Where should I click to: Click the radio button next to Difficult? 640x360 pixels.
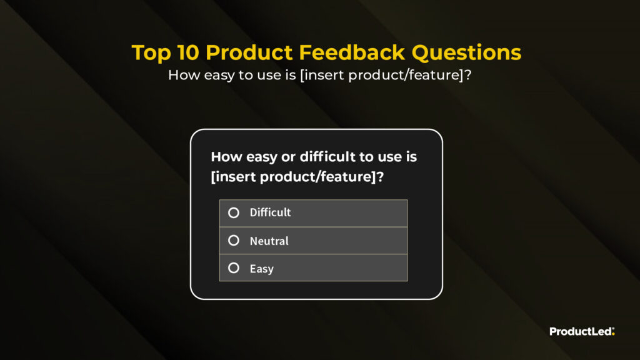(234, 212)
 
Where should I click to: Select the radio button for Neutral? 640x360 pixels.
(234, 241)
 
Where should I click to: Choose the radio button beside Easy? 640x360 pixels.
(234, 267)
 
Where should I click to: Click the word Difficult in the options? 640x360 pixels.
(270, 212)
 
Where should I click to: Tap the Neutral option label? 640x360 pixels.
(269, 241)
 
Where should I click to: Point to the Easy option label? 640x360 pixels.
(262, 269)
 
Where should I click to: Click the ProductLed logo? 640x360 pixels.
(582, 331)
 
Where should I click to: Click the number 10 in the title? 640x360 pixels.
(188, 52)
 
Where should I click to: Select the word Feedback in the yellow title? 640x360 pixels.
(352, 52)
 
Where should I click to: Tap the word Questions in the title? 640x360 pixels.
(466, 52)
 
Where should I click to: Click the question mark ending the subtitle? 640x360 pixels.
(467, 75)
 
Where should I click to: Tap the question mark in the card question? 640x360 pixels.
(380, 177)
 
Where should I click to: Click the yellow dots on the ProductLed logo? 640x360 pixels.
(613, 331)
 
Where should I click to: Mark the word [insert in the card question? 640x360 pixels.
(234, 177)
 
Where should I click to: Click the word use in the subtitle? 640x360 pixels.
(268, 76)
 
